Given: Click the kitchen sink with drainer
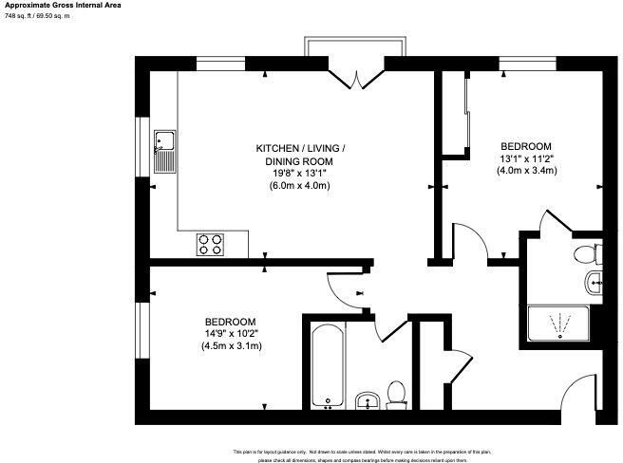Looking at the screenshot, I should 164,152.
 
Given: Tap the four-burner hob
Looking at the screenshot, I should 210,245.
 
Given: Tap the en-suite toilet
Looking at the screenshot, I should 586,253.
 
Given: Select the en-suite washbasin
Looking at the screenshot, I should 594,281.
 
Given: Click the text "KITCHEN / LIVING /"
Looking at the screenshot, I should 300,148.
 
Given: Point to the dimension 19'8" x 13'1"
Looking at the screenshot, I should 300,174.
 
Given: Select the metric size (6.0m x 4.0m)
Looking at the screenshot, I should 300,186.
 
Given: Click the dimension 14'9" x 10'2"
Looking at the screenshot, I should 231,333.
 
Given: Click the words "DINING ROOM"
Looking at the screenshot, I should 300,161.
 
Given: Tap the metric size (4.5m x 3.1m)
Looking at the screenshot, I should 231,346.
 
